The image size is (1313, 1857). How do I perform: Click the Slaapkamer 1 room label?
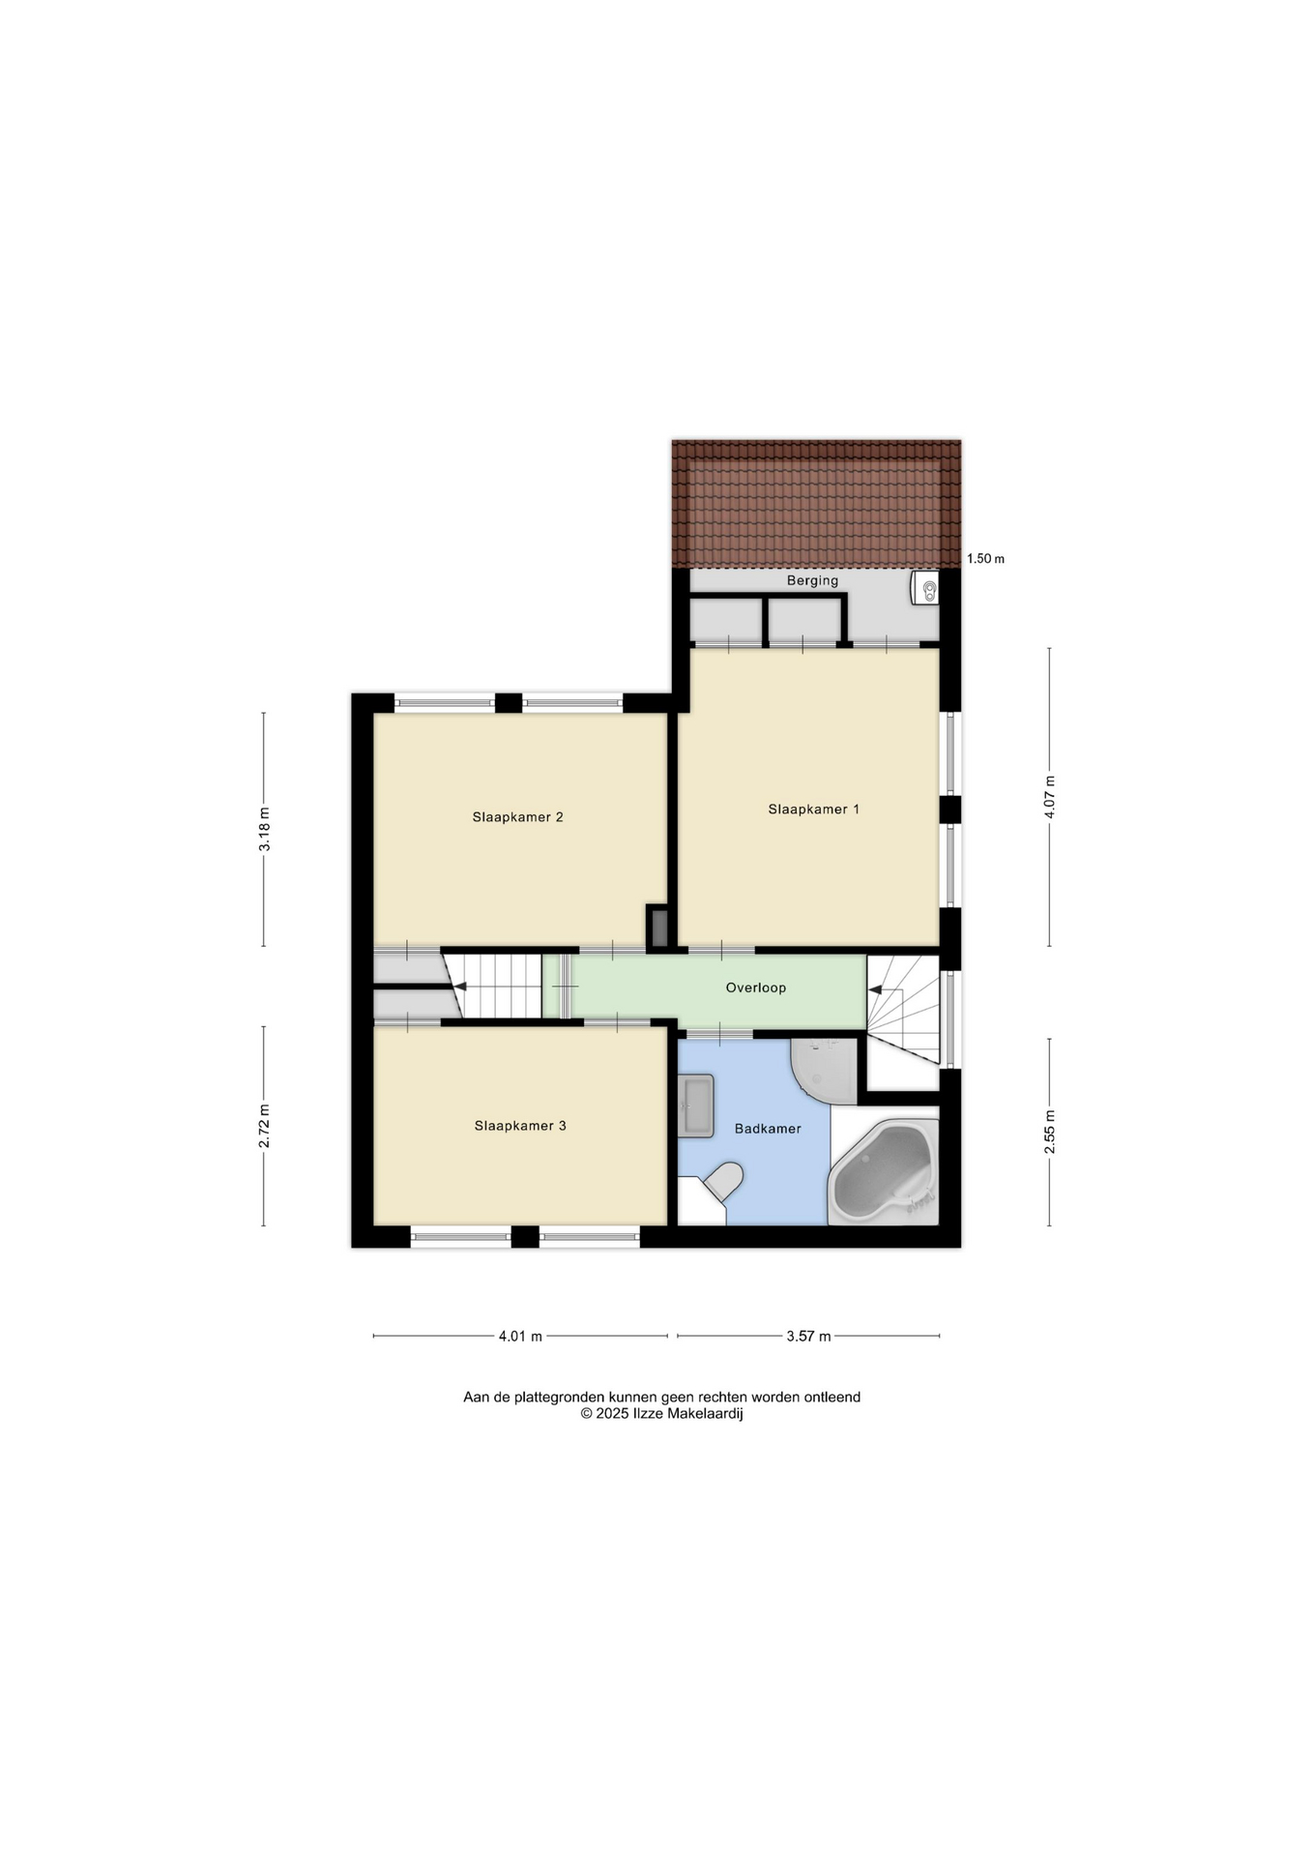coord(813,809)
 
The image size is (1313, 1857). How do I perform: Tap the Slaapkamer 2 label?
coord(517,816)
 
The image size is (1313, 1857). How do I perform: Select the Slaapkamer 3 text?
coord(520,1125)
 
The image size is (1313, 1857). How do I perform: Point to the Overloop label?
coord(756,987)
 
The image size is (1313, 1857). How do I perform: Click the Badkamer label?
coord(768,1128)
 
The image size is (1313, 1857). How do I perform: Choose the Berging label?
coord(812,580)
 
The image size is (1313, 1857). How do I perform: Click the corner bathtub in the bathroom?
coord(884,1172)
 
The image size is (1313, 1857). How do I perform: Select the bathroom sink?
coord(696,1105)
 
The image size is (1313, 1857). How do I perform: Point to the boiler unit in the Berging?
coord(924,587)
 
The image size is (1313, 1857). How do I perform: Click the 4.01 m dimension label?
coord(520,1336)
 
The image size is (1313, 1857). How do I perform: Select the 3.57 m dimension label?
coord(808,1336)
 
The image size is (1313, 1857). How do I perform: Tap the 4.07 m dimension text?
coord(1050,798)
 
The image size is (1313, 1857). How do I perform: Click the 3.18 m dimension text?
coord(264,829)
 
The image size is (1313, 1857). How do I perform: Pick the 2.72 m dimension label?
coord(264,1126)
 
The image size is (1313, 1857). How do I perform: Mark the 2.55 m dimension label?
coord(1050,1132)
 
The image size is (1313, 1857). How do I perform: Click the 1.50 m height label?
coord(985,558)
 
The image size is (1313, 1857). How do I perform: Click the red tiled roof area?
coord(816,504)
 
